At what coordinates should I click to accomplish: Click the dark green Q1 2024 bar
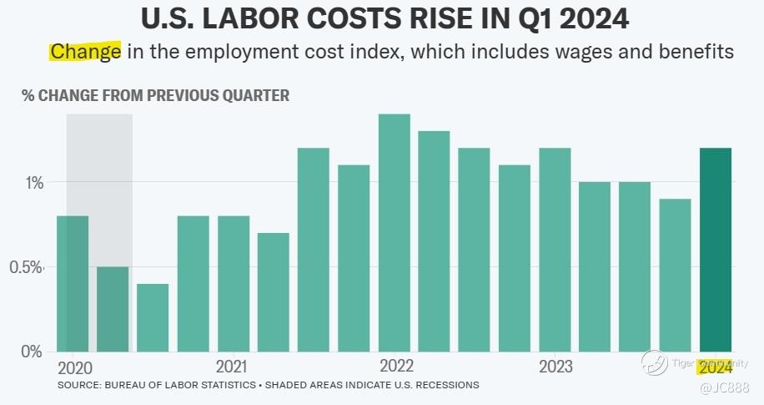coord(716,250)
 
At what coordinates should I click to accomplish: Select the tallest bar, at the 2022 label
coord(394,233)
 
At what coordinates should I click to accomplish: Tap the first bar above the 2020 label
coord(73,284)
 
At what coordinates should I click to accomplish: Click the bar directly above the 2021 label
coord(234,284)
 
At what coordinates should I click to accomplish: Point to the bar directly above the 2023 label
coord(555,250)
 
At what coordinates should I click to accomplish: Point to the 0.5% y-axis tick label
coord(27,267)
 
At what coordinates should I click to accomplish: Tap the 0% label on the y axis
coord(32,352)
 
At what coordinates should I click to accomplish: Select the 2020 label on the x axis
coord(75,367)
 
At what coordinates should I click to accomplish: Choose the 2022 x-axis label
coord(396,367)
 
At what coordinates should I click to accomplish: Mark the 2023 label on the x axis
coord(555,367)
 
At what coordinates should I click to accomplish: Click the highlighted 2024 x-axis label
coord(716,367)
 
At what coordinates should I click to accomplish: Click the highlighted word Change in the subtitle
coord(85,52)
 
